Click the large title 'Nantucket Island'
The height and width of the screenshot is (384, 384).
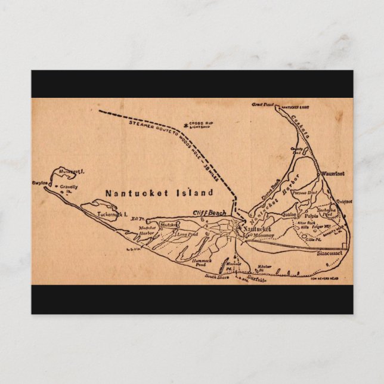159,193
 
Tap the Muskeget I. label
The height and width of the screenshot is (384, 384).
72,171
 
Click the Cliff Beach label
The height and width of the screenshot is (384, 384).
209,213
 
